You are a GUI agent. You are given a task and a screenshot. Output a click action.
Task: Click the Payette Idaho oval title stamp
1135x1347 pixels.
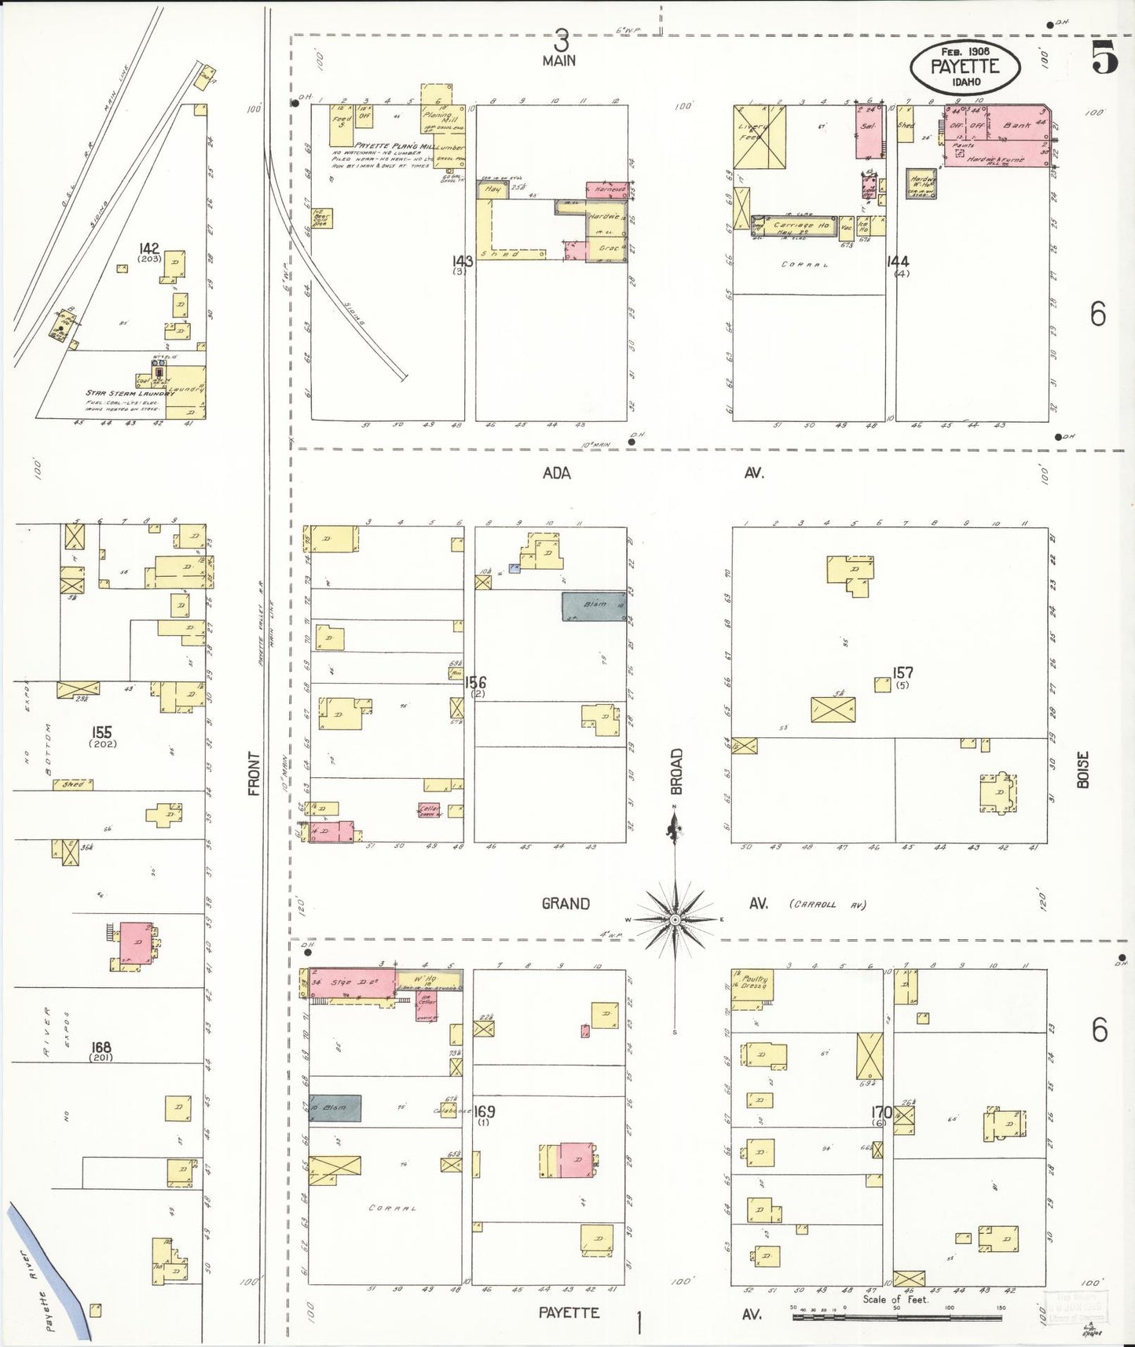click(x=965, y=65)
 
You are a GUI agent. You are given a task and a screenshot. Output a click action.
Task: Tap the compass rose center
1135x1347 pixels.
click(x=675, y=919)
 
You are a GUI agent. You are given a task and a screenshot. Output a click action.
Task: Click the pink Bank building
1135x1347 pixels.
click(x=1018, y=123)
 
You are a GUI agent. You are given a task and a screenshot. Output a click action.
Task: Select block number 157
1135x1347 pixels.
click(x=903, y=673)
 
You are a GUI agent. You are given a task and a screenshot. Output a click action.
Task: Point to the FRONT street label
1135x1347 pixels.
click(x=254, y=773)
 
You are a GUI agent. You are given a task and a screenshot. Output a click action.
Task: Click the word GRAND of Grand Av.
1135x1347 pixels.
click(x=566, y=904)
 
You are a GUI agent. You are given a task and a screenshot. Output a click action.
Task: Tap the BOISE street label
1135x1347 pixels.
click(x=1083, y=772)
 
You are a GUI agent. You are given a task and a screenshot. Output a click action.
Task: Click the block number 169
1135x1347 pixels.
click(x=485, y=1111)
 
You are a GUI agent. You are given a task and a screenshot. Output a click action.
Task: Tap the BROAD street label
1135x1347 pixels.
click(x=677, y=772)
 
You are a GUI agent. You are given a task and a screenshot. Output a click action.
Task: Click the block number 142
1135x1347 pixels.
click(x=148, y=249)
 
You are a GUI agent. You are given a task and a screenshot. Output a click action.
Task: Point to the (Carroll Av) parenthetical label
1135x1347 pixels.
click(x=826, y=905)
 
